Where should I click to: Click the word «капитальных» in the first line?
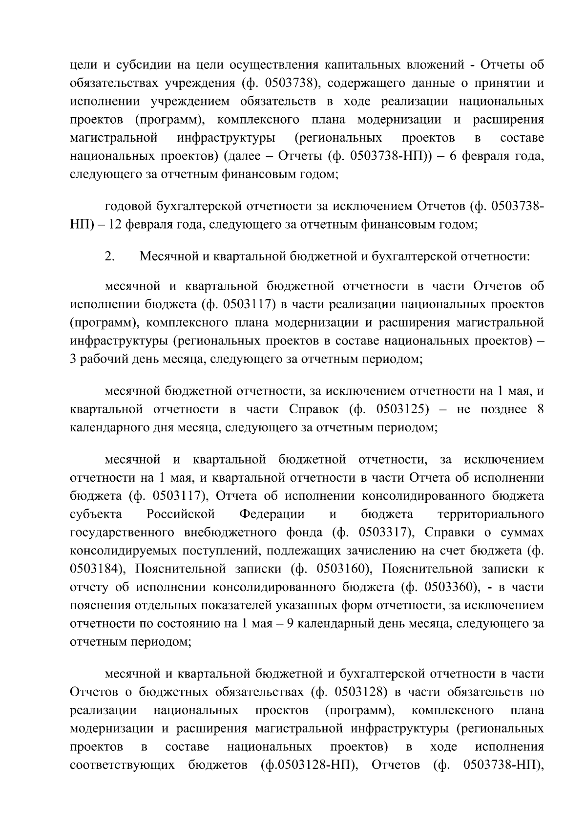point(359,65)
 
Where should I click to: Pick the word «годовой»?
point(128,207)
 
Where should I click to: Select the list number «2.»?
point(110,256)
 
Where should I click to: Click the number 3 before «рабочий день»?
point(74,360)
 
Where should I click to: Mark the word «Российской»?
point(181,514)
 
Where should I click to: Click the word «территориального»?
point(491,514)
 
